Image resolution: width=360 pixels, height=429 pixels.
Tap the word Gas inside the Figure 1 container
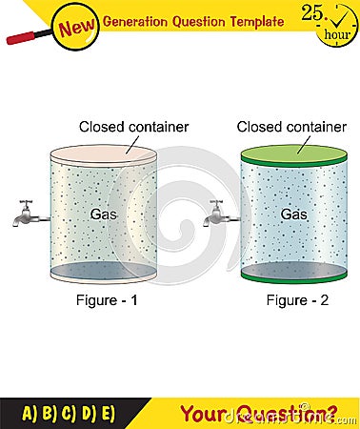pos(103,214)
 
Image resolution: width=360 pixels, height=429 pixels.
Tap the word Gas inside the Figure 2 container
pos(293,214)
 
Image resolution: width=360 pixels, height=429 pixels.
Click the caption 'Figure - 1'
pos(104,301)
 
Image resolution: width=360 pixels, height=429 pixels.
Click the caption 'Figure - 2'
pos(293,301)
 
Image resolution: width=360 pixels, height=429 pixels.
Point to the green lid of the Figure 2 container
pos(293,154)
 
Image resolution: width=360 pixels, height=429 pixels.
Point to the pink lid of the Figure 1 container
pos(103,154)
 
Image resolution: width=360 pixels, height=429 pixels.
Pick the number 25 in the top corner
pos(312,11)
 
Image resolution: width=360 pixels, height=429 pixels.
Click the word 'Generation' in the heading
pos(144,20)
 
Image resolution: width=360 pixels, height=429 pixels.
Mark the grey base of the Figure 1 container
pos(103,272)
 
